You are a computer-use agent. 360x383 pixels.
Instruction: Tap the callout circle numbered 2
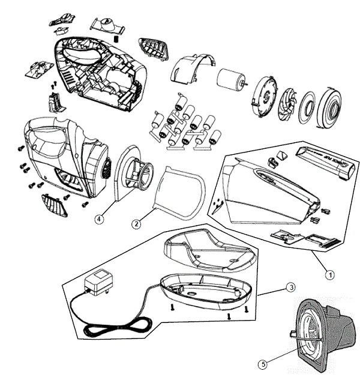[x=137, y=224]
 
